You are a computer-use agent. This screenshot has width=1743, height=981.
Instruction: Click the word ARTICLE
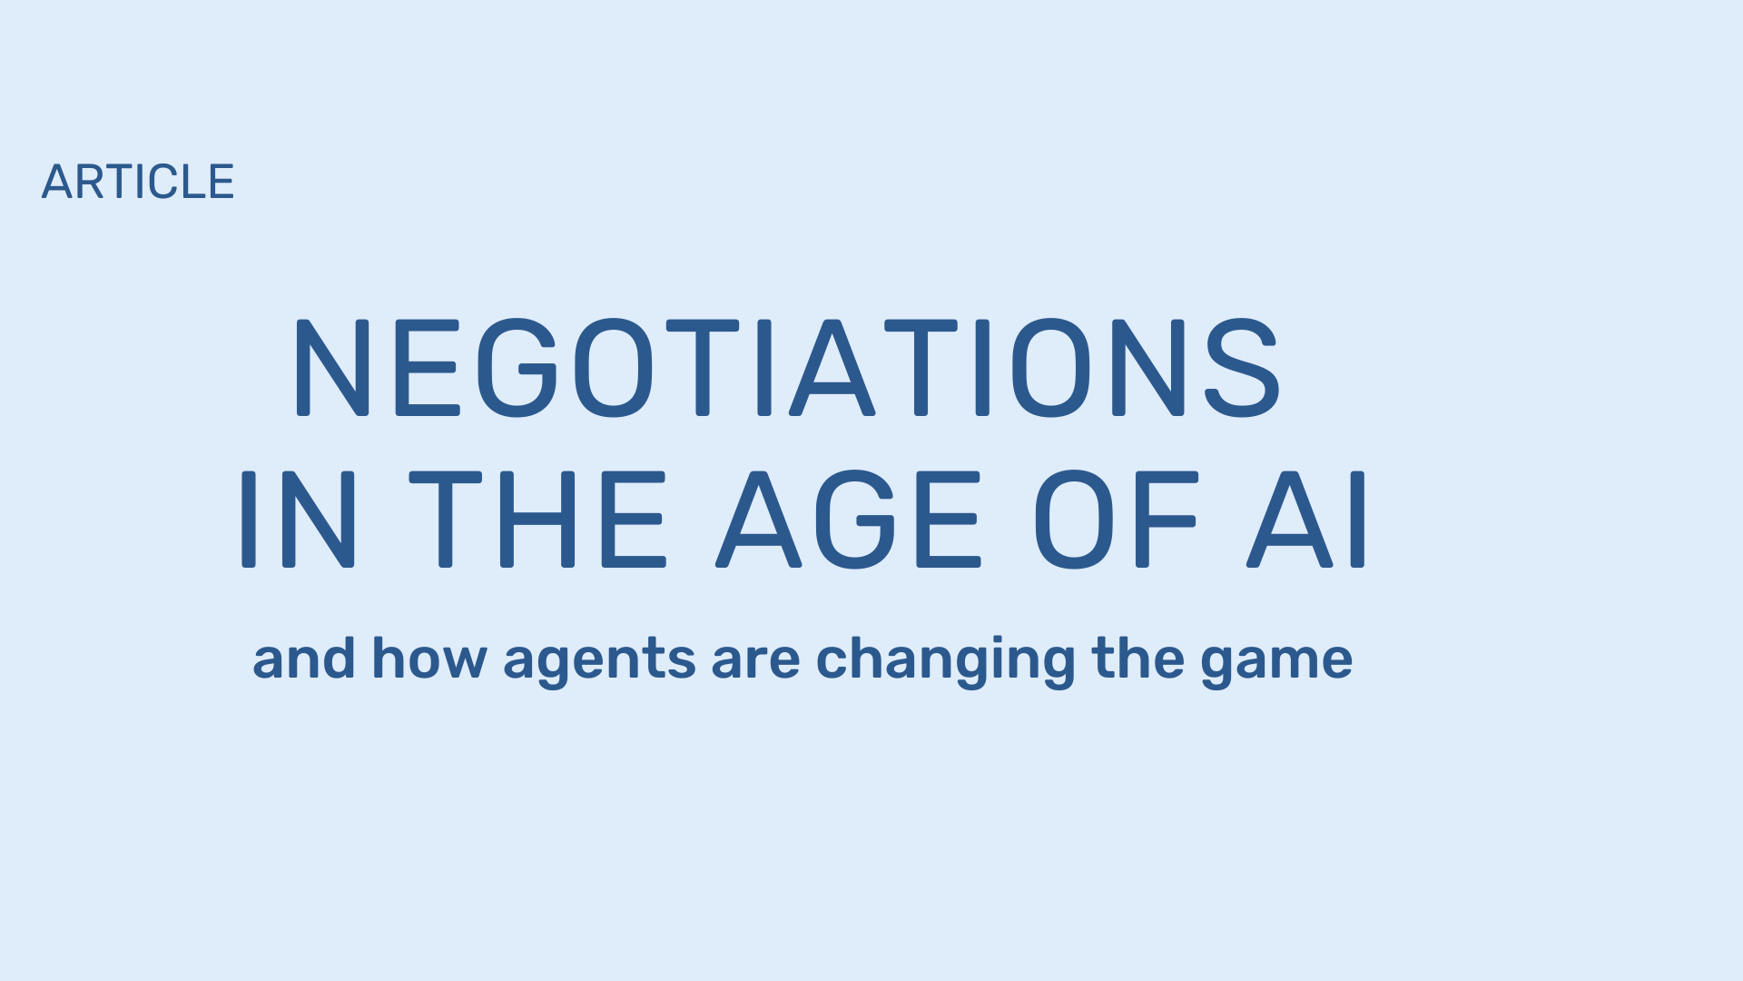[x=138, y=182]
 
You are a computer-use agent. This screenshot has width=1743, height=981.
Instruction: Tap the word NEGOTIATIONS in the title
[x=786, y=368]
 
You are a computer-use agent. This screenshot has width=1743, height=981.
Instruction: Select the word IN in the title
[x=298, y=520]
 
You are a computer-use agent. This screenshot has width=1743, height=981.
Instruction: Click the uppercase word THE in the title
[x=537, y=520]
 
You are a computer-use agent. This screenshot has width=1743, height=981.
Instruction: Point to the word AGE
[x=849, y=520]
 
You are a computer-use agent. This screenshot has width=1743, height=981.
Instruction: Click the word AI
[x=1305, y=520]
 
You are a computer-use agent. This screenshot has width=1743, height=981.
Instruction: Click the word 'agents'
[x=599, y=663]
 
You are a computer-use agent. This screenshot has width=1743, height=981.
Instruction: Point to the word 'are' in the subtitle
[x=755, y=661]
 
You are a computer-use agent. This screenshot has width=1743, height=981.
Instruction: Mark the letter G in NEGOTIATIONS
[x=517, y=368]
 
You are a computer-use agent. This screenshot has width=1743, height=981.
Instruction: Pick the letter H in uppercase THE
[x=537, y=520]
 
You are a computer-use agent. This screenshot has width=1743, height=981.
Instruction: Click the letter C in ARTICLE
[x=168, y=182]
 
